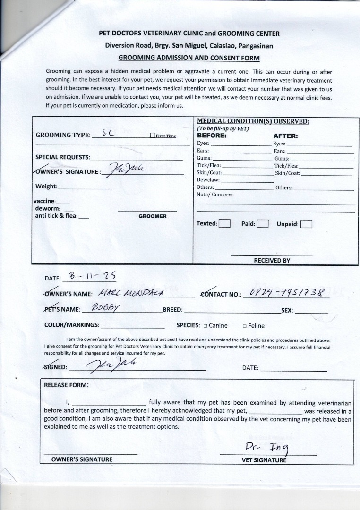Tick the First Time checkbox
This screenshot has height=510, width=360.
pyautogui.click(x=153, y=136)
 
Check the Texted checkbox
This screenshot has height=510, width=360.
pyautogui.click(x=225, y=224)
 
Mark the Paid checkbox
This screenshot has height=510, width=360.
pyautogui.click(x=263, y=224)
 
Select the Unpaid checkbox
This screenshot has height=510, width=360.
pyautogui.click(x=306, y=224)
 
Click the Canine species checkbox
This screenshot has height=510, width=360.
pyautogui.click(x=206, y=326)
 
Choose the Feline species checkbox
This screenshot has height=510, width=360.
pyautogui.click(x=245, y=326)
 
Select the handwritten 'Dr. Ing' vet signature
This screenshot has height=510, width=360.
pyautogui.click(x=267, y=446)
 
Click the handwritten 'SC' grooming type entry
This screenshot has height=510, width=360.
pyautogui.click(x=108, y=134)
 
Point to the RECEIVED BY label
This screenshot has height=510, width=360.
pyautogui.click(x=272, y=260)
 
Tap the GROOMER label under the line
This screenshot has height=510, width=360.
pyautogui.click(x=153, y=216)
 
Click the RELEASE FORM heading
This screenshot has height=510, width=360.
pyautogui.click(x=66, y=385)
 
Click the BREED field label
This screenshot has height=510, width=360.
pyautogui.click(x=172, y=310)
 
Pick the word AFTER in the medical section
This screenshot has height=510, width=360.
pyautogui.click(x=285, y=136)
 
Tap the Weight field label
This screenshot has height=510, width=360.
pyautogui.click(x=46, y=186)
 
